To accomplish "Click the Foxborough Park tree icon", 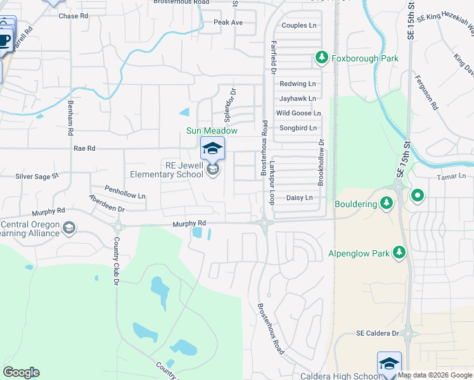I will click(x=322, y=58).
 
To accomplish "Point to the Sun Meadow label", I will click(x=212, y=131).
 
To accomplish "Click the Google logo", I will click(x=21, y=372).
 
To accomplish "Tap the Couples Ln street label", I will click(x=298, y=25).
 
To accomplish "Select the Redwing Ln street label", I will click(x=297, y=84).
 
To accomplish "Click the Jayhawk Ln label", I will click(x=297, y=99).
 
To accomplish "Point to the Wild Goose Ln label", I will click(x=298, y=113).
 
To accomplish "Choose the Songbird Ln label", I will click(x=297, y=128).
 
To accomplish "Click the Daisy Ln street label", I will click(x=300, y=198).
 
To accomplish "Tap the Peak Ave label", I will click(x=228, y=22).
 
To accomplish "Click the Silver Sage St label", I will click(x=37, y=177).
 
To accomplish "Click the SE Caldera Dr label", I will click(x=377, y=333).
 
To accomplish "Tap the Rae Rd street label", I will click(x=84, y=148).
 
